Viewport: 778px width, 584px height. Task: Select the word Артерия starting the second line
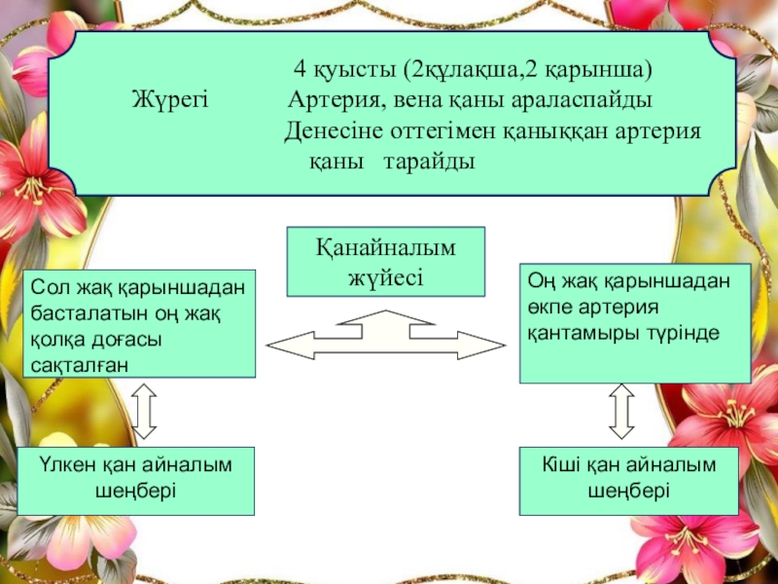click(x=330, y=100)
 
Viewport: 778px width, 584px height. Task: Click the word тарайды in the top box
click(x=429, y=161)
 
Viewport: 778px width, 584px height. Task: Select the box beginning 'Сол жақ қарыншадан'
click(x=138, y=324)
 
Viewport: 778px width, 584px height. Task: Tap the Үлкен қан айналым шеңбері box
click(x=136, y=481)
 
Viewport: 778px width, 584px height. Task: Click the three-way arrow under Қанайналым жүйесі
click(x=386, y=336)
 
